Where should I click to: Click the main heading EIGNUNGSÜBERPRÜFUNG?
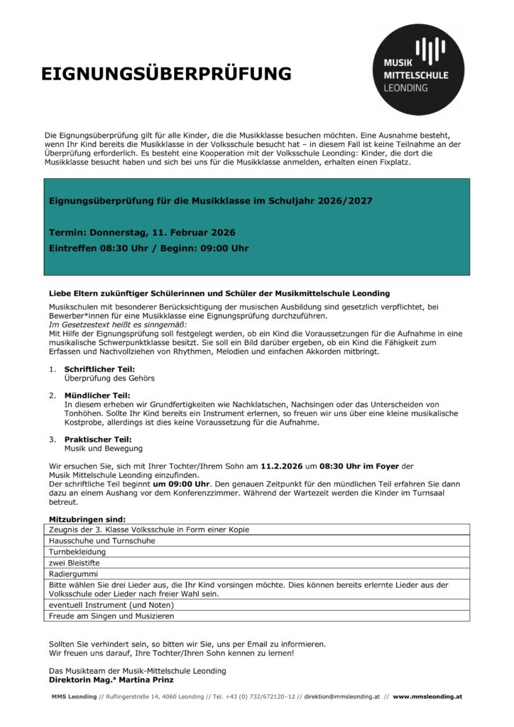(x=166, y=75)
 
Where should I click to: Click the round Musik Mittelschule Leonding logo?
(x=418, y=69)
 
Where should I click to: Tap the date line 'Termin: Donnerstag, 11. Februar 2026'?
(x=142, y=232)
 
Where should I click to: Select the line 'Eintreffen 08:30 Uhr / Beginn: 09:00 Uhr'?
(x=148, y=248)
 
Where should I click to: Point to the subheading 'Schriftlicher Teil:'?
(x=99, y=369)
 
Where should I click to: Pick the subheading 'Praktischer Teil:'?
(x=98, y=439)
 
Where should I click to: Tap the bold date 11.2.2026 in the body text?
(x=283, y=466)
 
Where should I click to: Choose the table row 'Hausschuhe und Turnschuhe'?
(x=102, y=540)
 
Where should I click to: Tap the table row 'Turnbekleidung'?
(x=77, y=552)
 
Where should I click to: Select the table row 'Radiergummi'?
(x=70, y=574)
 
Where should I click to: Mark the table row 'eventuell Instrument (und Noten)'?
(x=111, y=605)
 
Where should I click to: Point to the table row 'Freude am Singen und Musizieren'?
(x=111, y=616)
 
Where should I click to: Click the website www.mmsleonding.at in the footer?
(x=427, y=696)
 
